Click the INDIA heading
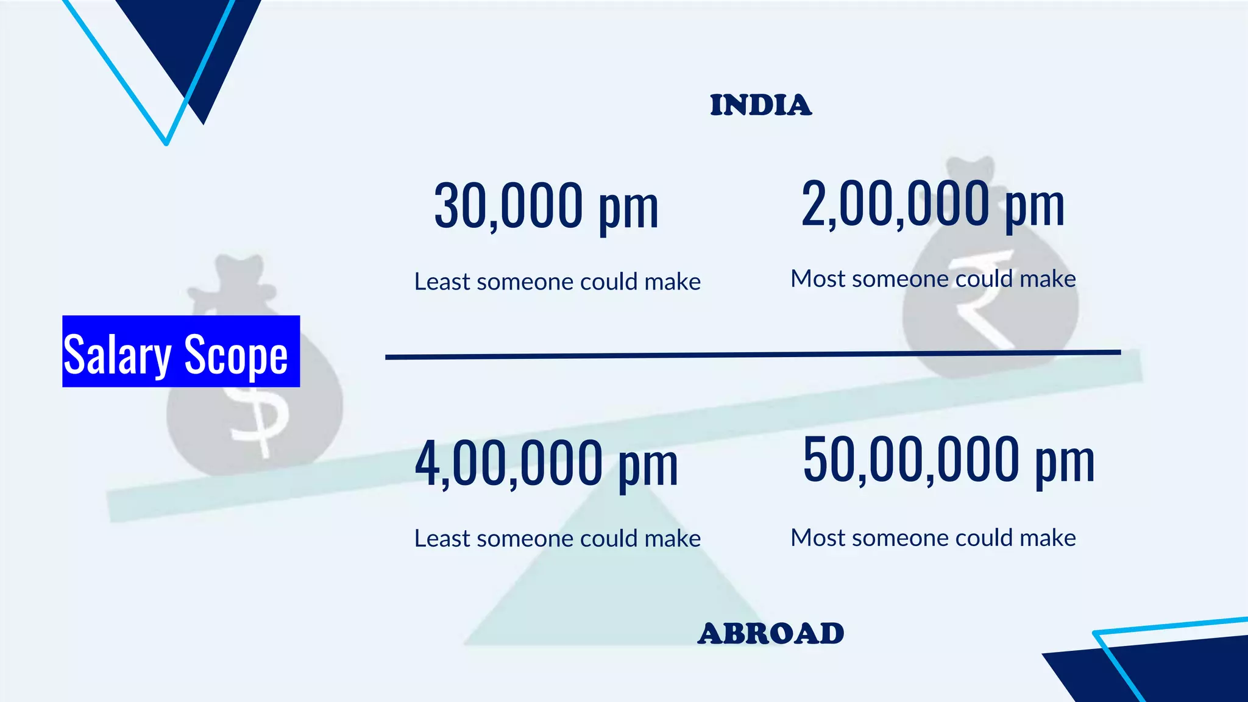click(760, 105)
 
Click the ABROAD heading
click(771, 634)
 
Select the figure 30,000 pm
click(546, 206)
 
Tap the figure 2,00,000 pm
click(932, 204)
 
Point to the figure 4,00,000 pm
click(546, 463)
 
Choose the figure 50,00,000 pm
click(948, 460)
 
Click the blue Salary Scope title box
click(181, 351)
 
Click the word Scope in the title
click(236, 355)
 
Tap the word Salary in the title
click(117, 355)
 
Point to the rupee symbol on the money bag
click(981, 299)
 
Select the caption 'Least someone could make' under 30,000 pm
click(557, 282)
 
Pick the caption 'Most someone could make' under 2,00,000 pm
click(933, 279)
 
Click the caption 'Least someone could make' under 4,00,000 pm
click(557, 539)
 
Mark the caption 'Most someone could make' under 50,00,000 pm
click(933, 538)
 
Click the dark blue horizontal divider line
click(753, 355)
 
